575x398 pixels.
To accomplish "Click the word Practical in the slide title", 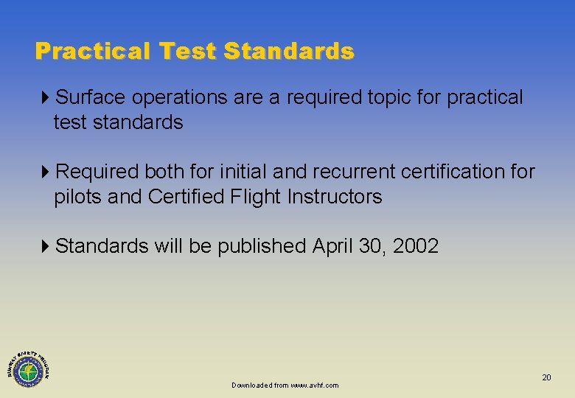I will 91,52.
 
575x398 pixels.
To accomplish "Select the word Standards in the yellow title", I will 289,52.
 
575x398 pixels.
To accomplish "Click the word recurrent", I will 355,172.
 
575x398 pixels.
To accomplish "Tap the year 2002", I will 416,246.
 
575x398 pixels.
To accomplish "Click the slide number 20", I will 546,377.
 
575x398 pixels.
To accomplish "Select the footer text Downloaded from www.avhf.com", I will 285,385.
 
